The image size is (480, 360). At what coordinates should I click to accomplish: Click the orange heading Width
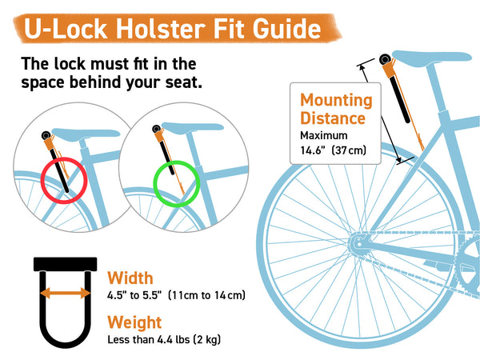tap(130, 278)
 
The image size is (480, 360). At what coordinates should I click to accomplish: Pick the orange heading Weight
tap(134, 322)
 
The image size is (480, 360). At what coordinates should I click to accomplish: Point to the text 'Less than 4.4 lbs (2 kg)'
tap(164, 339)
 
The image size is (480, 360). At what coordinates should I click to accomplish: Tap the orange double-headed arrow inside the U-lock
tap(65, 292)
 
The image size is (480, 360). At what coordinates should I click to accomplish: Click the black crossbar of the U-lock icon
tap(65, 263)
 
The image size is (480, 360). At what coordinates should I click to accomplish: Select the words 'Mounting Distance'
tap(336, 110)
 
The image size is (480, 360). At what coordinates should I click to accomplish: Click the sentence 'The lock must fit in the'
tap(108, 64)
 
